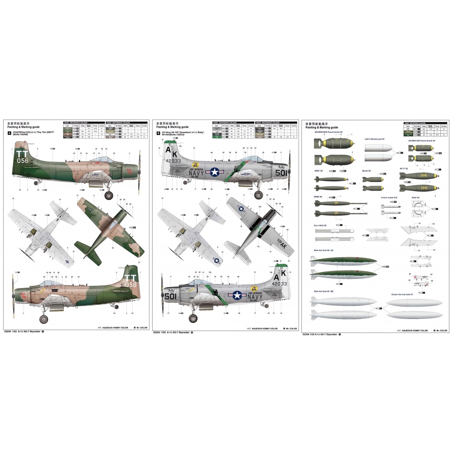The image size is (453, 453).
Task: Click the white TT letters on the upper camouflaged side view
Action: point(22,154)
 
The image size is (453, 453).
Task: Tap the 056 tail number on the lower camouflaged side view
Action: point(131,284)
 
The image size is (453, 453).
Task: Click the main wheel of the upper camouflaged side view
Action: point(109,195)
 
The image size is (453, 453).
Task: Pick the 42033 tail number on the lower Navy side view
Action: point(278,284)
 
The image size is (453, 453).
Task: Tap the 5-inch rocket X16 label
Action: point(389,198)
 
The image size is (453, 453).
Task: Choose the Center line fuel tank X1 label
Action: point(405,294)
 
